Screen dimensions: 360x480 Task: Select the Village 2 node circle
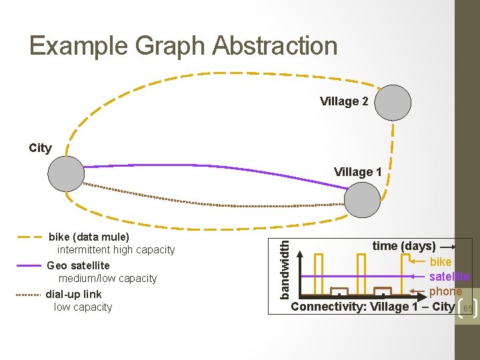point(393,102)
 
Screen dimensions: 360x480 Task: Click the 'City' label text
point(40,148)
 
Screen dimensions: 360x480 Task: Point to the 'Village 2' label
point(344,101)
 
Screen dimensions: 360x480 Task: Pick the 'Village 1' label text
point(358,172)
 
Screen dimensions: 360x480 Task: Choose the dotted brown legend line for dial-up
point(29,294)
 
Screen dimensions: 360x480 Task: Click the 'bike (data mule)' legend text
point(89,237)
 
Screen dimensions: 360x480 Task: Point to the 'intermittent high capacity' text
point(116,250)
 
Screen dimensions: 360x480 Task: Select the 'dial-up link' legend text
point(74,294)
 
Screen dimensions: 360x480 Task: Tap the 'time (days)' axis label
point(404,246)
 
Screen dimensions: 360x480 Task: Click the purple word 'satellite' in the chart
point(449,276)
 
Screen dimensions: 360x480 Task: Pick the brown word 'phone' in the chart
point(445,291)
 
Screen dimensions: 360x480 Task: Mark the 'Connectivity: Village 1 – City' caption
point(373,307)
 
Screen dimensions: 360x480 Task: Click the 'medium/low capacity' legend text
point(108,279)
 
